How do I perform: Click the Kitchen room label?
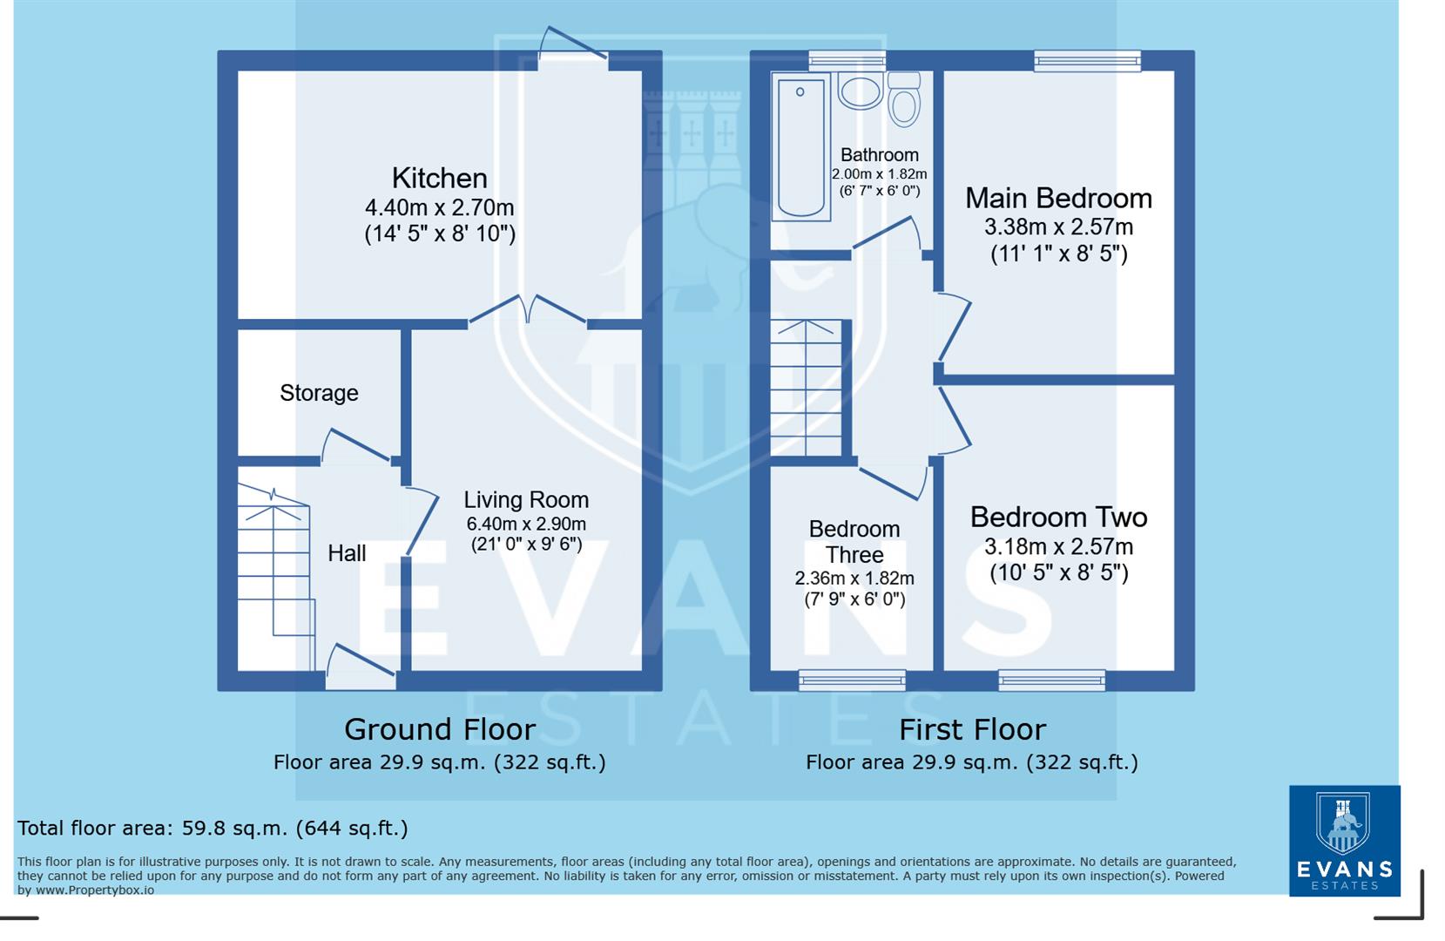point(439,178)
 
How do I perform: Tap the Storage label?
point(319,393)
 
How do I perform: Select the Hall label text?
point(347,553)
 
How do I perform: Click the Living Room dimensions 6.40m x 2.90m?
point(526,524)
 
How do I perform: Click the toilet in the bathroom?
point(905,98)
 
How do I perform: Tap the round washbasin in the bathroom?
point(861,91)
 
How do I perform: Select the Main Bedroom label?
point(1058,199)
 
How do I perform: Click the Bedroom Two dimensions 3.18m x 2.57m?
point(1058,547)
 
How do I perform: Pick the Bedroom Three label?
point(854,542)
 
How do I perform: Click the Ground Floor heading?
point(439,729)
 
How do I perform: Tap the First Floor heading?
point(972,729)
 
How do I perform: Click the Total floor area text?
point(213,828)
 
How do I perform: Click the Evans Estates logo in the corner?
point(1344,841)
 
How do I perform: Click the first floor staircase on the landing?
point(807,389)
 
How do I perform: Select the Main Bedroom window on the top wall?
point(1087,59)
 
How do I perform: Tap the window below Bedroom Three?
point(852,680)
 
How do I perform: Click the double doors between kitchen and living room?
point(528,312)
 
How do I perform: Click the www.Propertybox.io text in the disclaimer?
point(95,890)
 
